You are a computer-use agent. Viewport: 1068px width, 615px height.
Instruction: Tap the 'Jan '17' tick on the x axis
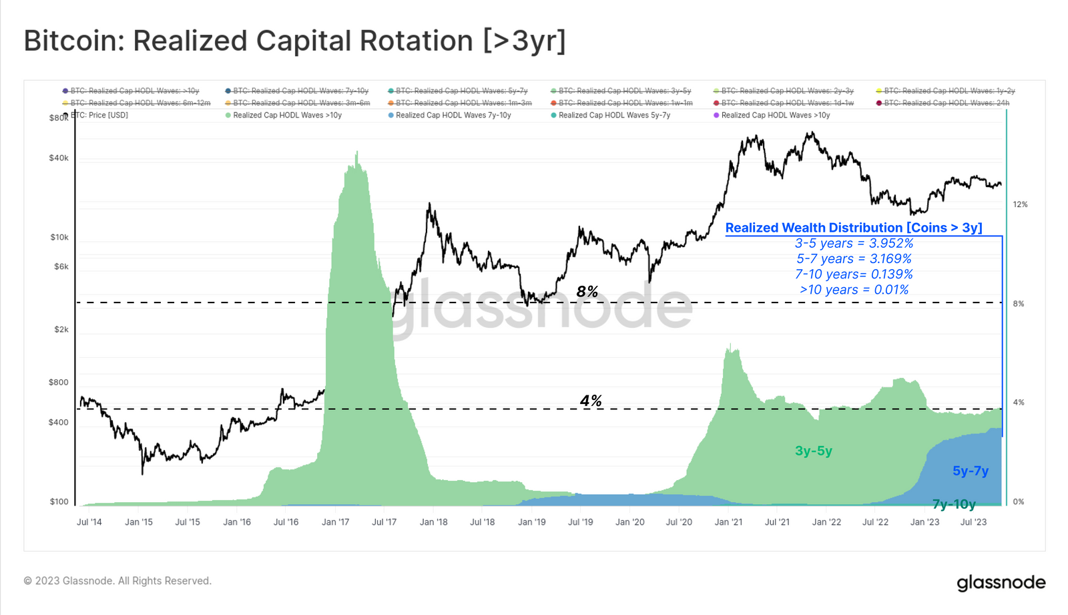coord(335,522)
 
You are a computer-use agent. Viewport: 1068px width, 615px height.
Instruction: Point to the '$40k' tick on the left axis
coord(59,158)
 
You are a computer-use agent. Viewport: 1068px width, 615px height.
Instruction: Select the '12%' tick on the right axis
coord(1020,204)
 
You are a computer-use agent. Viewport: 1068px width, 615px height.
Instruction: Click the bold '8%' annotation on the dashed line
coord(587,292)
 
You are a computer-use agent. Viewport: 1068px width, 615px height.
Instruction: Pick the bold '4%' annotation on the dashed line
coord(591,401)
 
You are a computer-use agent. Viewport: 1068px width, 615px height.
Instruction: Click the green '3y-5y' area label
coord(813,451)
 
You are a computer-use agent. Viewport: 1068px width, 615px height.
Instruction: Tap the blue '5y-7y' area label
coord(970,471)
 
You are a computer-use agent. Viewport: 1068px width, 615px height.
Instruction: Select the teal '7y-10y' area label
coord(954,504)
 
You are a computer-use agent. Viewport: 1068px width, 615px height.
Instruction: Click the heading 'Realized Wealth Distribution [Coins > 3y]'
coord(853,228)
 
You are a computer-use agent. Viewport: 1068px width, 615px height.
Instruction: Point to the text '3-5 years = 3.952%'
coord(854,244)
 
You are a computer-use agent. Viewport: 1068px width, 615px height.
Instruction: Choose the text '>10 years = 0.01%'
coord(854,290)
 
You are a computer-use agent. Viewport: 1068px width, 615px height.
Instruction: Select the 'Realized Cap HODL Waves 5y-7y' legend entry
coord(613,116)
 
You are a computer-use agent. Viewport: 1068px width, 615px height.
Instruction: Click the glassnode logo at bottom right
coord(1001,582)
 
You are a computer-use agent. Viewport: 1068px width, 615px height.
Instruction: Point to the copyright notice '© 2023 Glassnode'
coord(117,581)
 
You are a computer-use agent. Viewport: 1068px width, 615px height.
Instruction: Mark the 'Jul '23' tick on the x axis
coord(973,522)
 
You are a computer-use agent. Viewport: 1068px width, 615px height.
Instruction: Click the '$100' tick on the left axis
coord(59,501)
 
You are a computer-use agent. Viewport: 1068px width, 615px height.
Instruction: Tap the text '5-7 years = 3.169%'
coord(854,259)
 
